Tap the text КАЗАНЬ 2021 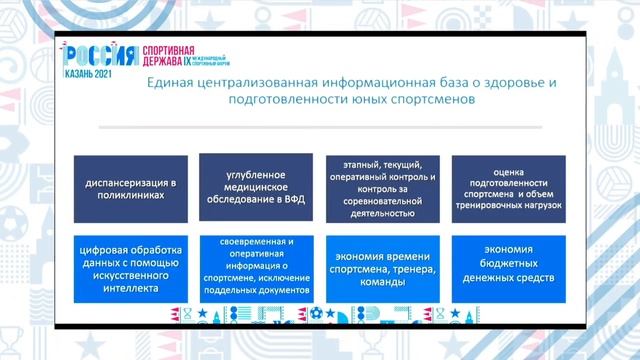click(90, 73)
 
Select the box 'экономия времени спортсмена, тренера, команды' click(383, 265)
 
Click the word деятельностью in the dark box click(383, 213)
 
